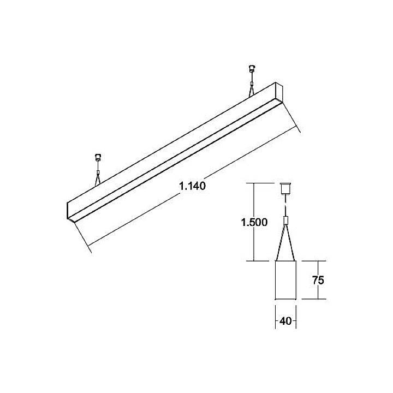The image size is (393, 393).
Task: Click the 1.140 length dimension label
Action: click(192, 186)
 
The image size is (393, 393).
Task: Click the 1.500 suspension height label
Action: click(253, 223)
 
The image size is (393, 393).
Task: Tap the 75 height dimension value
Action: click(319, 281)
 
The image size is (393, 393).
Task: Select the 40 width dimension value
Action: click(285, 321)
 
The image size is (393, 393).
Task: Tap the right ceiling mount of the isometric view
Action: click(252, 69)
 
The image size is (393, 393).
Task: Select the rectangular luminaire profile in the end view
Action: click(285, 279)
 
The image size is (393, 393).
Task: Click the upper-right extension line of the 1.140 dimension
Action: click(292, 117)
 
